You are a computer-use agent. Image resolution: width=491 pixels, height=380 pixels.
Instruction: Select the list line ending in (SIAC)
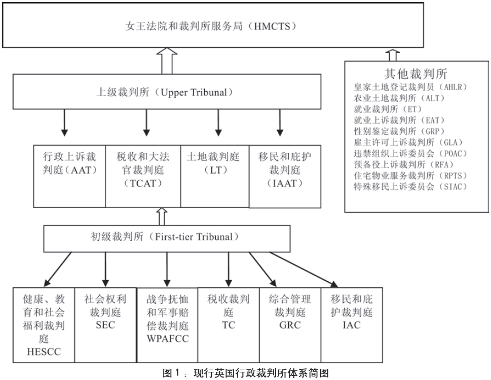410,187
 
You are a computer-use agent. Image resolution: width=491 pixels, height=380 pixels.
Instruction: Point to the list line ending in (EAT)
399,120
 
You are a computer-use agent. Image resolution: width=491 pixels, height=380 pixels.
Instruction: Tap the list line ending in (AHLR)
410,87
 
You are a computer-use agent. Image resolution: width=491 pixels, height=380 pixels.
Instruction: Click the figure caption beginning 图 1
245,373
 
